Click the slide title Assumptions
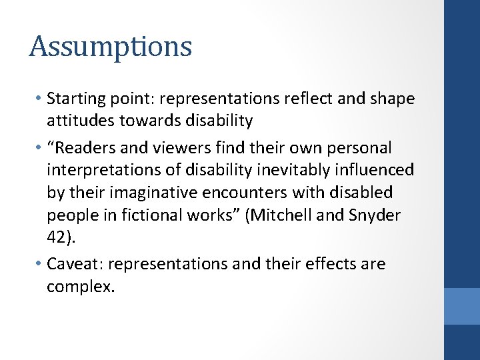pos(111,47)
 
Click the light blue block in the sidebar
pos(462,305)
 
